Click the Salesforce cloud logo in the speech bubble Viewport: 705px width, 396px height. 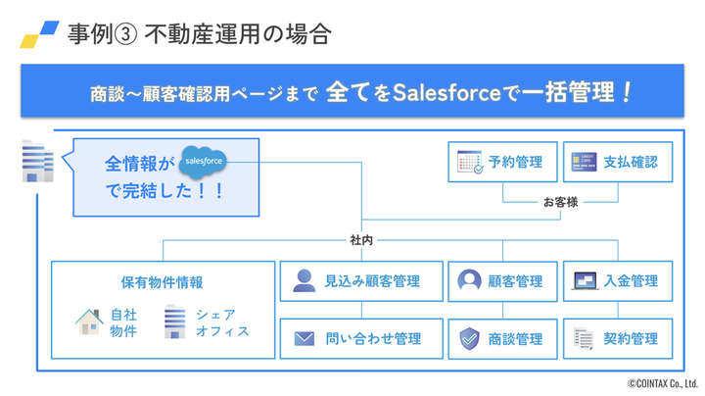[204, 161]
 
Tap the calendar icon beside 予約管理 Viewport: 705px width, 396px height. [470, 163]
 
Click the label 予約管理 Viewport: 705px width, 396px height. [515, 163]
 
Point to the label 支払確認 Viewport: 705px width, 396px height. [630, 163]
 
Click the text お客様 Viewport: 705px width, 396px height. [560, 202]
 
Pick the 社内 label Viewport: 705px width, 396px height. [361, 239]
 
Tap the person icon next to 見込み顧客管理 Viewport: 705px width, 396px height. [305, 281]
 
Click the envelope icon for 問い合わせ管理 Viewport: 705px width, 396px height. [305, 339]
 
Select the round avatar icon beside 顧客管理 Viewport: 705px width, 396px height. [470, 281]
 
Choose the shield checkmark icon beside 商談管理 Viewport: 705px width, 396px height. [470, 339]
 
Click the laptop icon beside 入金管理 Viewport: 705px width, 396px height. [585, 281]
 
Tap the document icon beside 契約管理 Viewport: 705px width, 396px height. [584, 339]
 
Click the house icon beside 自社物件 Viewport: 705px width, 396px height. [89, 322]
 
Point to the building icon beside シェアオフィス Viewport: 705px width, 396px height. [174, 322]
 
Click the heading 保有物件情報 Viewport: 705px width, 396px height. [162, 282]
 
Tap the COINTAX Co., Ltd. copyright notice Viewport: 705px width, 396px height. [662, 384]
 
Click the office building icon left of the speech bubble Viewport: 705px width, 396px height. [37, 161]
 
